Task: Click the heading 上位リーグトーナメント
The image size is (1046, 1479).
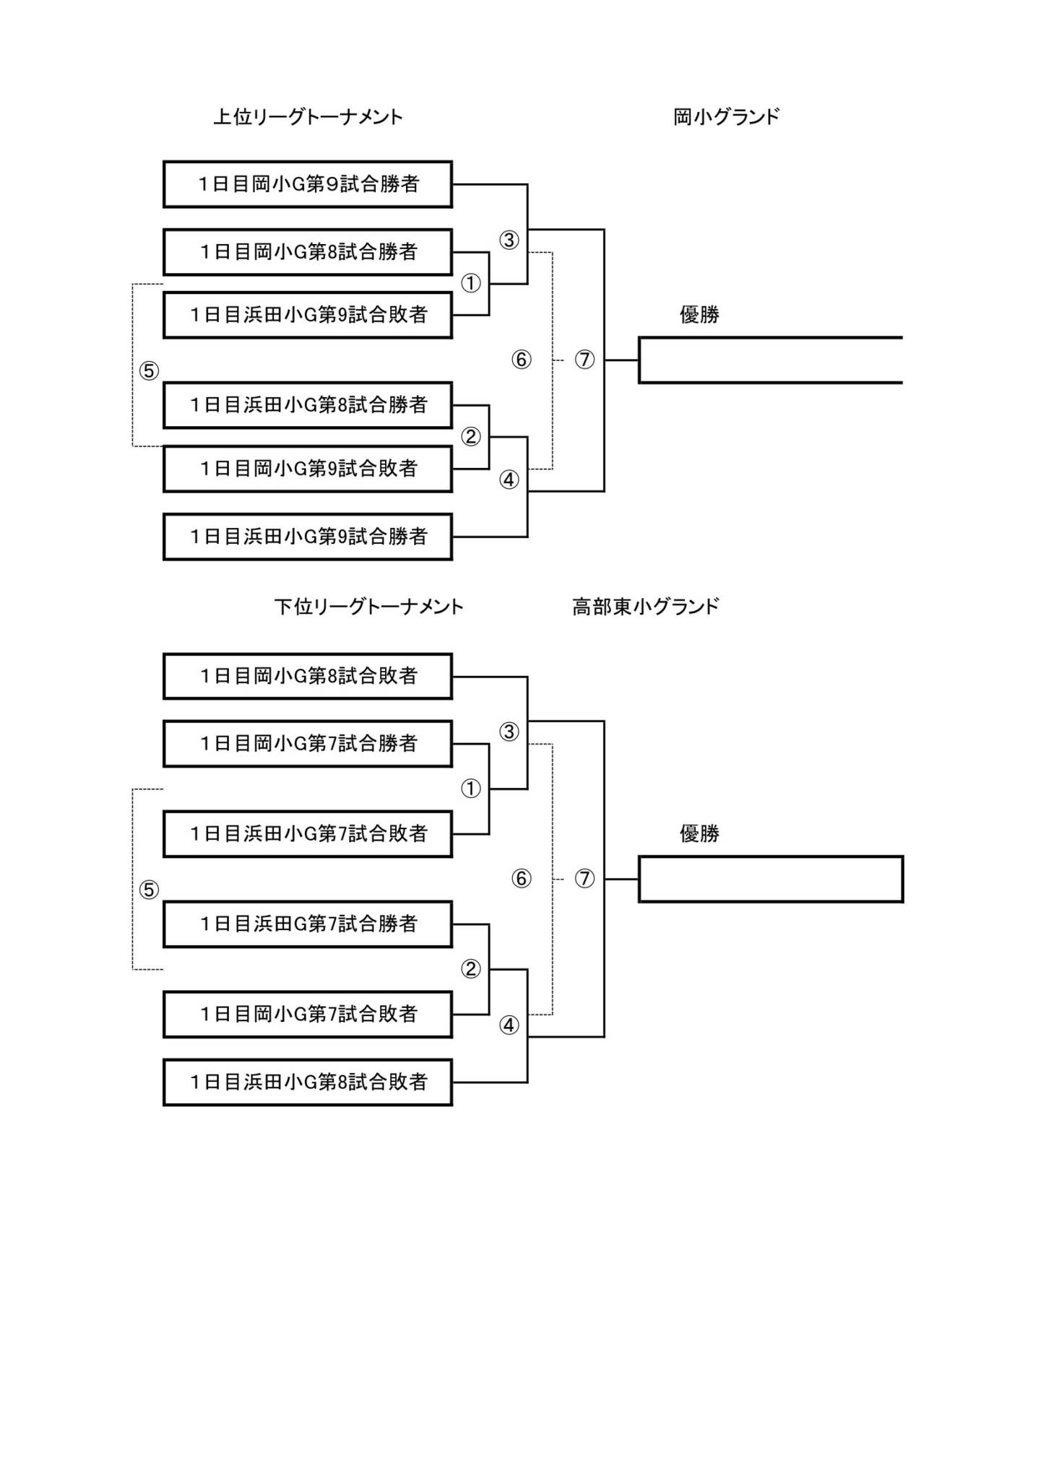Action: click(308, 117)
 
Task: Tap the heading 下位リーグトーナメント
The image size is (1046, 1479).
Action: click(368, 607)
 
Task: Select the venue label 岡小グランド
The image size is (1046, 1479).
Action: click(726, 117)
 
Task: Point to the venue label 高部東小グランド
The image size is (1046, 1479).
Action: click(645, 607)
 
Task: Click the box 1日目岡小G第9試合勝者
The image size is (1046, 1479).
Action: click(308, 184)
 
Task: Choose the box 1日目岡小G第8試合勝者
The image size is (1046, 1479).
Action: click(308, 252)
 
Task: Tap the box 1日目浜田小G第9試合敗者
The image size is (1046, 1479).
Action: click(308, 315)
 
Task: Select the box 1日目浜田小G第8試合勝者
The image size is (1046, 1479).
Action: click(308, 405)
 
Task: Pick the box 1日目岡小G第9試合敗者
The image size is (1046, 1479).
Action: click(308, 469)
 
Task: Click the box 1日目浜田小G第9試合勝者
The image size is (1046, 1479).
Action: click(308, 537)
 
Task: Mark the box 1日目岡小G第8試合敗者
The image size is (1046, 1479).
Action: click(308, 676)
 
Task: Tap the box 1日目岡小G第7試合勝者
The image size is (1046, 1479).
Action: click(308, 743)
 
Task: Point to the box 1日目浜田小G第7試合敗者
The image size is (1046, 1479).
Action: click(308, 834)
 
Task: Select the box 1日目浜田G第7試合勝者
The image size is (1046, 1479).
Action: click(308, 924)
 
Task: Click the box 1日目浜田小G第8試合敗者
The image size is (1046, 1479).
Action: click(308, 1082)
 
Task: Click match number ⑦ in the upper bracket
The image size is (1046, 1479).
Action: click(584, 359)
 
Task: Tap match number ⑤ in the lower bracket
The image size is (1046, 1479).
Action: click(149, 890)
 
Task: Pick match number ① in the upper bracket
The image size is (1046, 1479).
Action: click(471, 283)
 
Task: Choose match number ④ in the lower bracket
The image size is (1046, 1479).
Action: click(509, 1025)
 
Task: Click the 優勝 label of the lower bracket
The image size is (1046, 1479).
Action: click(699, 834)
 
